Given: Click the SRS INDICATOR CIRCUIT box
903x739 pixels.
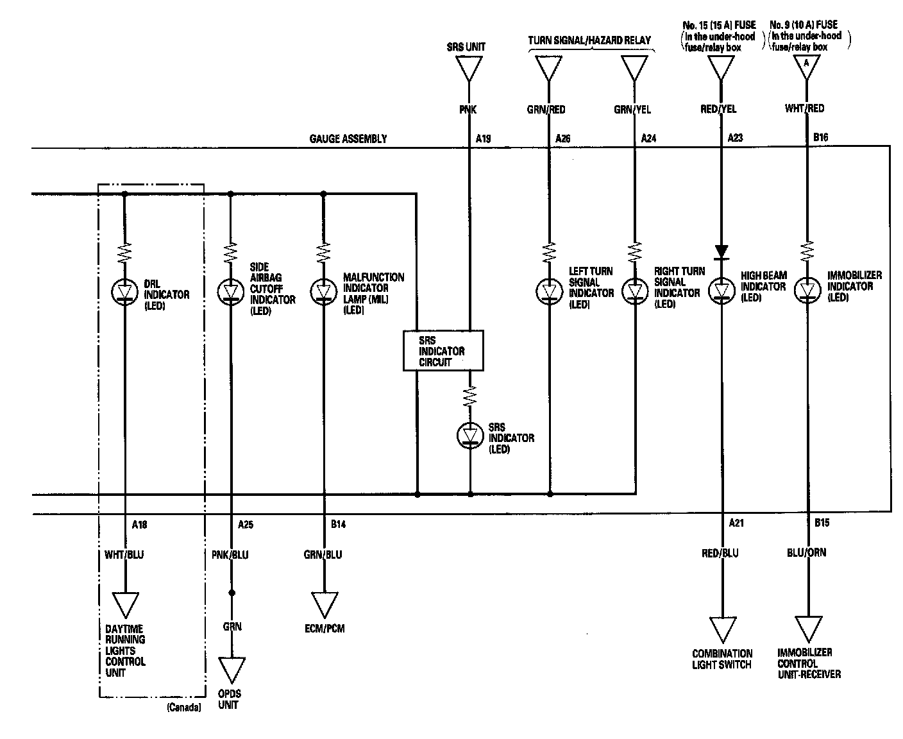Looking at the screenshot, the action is tap(443, 350).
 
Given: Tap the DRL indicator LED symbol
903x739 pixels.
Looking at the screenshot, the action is tap(124, 292).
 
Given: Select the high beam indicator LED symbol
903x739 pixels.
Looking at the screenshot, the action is tap(722, 291).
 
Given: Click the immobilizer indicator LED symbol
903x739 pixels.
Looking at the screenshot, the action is tap(807, 290).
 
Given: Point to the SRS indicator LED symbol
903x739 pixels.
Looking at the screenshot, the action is tap(470, 436).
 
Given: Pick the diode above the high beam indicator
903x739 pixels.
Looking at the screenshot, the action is tap(722, 252).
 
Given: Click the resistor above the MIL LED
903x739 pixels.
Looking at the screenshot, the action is tap(323, 252).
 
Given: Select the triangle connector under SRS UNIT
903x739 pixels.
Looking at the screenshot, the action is tap(469, 69).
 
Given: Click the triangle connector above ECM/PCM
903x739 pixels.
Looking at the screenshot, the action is tap(325, 605).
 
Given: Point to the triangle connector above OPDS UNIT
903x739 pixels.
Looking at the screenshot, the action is tap(232, 670).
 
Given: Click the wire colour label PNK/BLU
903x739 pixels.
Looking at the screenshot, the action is tap(230, 555).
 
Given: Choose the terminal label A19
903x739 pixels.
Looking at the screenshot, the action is tap(484, 139).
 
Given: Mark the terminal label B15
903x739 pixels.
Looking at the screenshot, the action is tap(822, 523).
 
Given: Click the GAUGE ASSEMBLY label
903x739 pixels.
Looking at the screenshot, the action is tap(348, 139).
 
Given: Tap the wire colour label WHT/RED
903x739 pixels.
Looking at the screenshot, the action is tap(804, 108).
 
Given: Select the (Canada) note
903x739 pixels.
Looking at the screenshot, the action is tap(183, 708).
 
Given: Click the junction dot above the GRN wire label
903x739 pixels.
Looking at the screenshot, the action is tap(232, 593).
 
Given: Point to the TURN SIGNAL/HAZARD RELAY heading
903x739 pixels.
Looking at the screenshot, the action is tap(589, 40).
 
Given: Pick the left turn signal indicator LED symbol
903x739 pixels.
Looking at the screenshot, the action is tap(550, 291).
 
